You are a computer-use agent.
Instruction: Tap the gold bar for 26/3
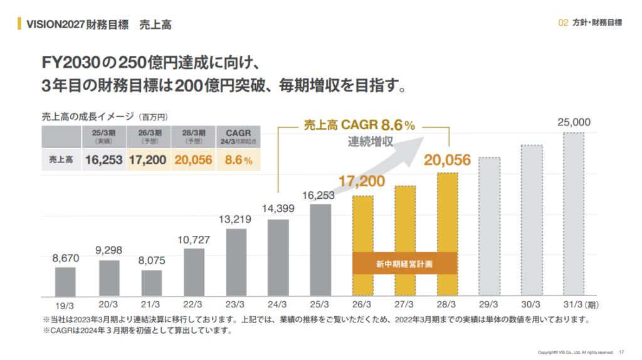pos(363,245)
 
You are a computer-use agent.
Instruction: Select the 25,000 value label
pos(574,122)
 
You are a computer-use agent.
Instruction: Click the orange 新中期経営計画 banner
pos(406,263)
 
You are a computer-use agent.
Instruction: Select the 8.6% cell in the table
pos(238,160)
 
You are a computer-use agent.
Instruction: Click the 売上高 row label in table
pos(61,160)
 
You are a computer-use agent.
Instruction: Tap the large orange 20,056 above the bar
pos(447,161)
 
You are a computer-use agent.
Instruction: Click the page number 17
pos(621,351)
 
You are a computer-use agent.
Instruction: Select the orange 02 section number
pos(562,23)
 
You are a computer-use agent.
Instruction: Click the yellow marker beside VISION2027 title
pos(19,24)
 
